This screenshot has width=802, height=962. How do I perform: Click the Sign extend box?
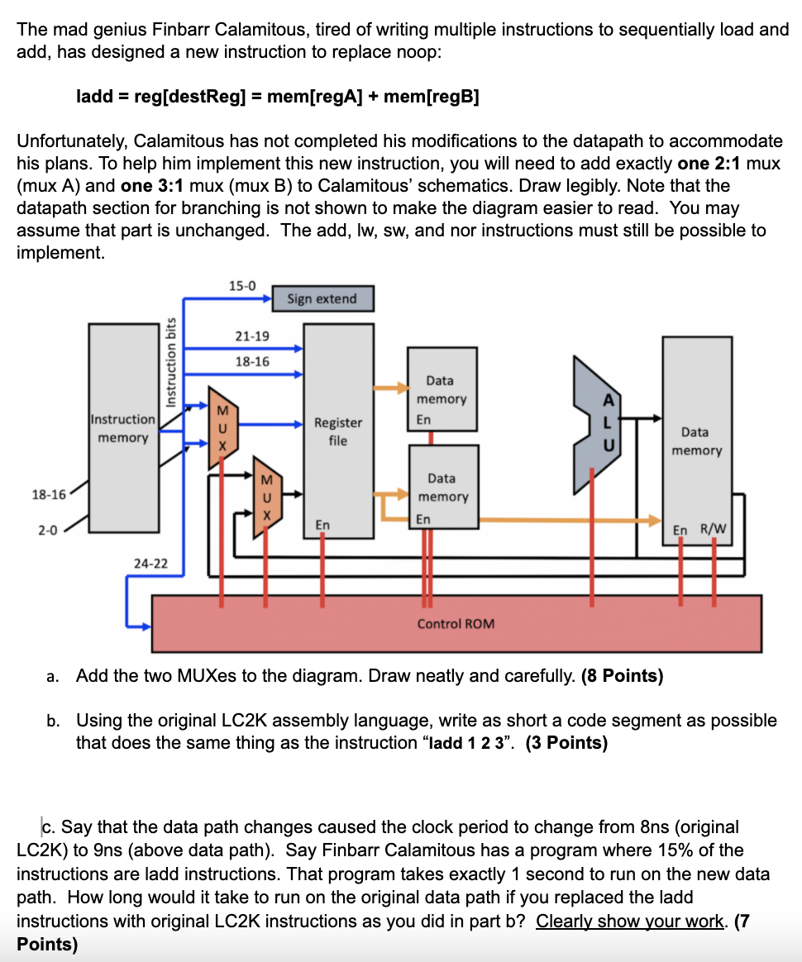click(x=322, y=298)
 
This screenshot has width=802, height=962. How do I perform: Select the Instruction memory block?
click(x=123, y=428)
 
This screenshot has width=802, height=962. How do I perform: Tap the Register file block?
click(x=337, y=430)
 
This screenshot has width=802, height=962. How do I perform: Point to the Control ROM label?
click(x=456, y=623)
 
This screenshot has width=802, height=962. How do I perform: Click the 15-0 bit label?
click(x=241, y=286)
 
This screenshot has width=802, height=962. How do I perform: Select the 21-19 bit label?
click(x=251, y=336)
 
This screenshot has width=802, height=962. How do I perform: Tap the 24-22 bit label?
click(x=150, y=564)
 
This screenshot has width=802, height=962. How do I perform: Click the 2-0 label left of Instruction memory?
click(x=48, y=530)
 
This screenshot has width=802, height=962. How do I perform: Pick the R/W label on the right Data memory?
click(x=712, y=530)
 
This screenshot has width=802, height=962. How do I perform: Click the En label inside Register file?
click(x=322, y=525)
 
